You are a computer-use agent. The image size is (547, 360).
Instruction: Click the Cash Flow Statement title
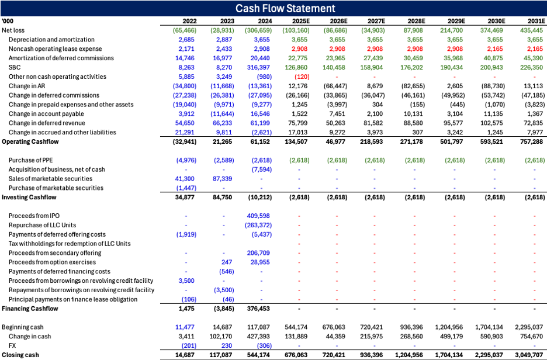285,8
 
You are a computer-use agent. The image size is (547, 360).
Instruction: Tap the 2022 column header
189,21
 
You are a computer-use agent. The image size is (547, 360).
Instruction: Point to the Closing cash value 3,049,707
527,355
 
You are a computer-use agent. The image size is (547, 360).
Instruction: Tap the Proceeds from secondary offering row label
55,253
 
